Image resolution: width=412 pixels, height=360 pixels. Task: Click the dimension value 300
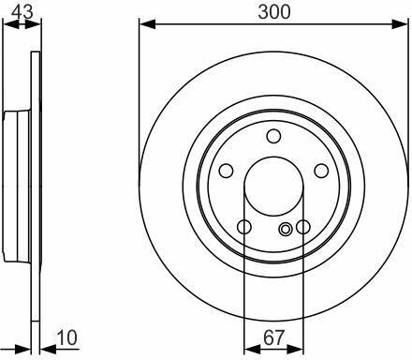point(273,12)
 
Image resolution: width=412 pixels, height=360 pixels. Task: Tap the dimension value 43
point(22,12)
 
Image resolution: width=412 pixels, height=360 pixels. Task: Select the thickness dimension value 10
point(66,337)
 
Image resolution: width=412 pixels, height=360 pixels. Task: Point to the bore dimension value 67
point(273,337)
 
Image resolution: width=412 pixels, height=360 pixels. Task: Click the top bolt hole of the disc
point(273,136)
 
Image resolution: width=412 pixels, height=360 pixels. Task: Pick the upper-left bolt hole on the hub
point(226,171)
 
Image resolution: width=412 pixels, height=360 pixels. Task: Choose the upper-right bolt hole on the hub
point(321,171)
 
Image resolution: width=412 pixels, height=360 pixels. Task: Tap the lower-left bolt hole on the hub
point(244,227)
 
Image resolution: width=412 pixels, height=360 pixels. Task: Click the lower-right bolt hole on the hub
point(303,227)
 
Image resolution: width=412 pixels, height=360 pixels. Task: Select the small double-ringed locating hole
point(285,230)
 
